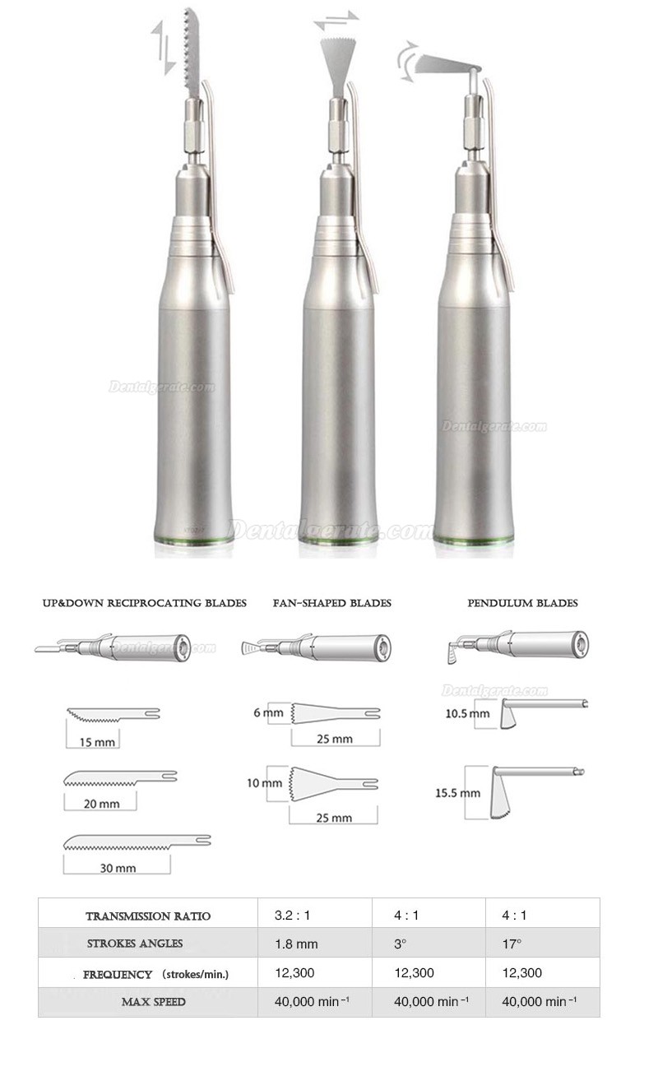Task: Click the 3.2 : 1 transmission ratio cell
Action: (x=292, y=915)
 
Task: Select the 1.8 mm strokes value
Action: (x=296, y=944)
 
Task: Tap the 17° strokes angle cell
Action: (x=512, y=944)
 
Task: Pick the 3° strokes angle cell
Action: (x=400, y=944)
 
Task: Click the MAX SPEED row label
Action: (x=153, y=1001)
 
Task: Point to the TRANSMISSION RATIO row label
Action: (x=148, y=916)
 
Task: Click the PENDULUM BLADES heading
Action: (x=522, y=603)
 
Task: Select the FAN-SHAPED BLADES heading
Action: (x=332, y=603)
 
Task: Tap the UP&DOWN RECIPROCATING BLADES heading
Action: (x=144, y=603)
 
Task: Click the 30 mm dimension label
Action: (x=118, y=868)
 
